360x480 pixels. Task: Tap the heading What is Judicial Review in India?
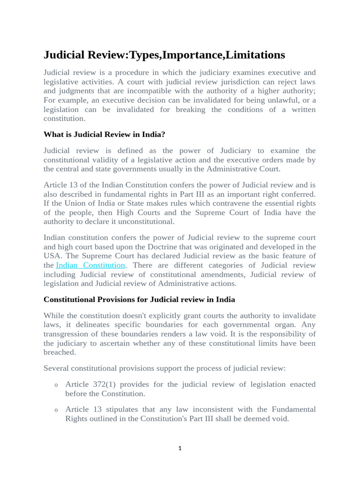pos(105,135)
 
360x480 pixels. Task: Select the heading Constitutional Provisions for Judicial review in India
pos(139,299)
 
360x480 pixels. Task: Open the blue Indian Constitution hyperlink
pos(90,265)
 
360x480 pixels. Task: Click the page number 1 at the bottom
pos(180,449)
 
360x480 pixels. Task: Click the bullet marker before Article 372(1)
pos(56,385)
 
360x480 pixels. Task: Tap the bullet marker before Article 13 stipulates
pos(56,410)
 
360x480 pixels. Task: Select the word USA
pos(52,255)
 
